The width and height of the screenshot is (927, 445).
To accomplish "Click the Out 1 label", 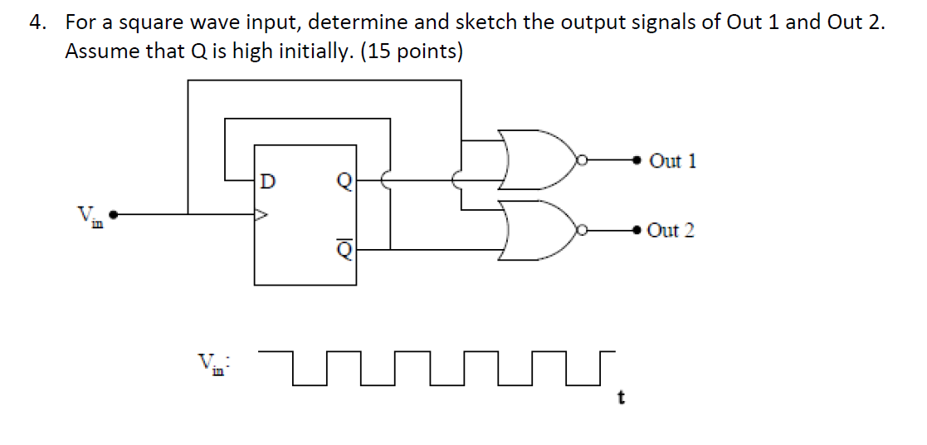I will tap(673, 160).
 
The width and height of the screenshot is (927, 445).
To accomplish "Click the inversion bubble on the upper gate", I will tap(581, 159).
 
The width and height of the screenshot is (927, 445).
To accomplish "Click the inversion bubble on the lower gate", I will tap(581, 230).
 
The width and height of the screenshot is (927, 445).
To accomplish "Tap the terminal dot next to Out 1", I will tap(637, 159).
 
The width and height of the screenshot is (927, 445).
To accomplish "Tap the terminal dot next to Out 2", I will tap(637, 230).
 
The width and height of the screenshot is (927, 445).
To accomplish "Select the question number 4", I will tap(36, 22).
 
